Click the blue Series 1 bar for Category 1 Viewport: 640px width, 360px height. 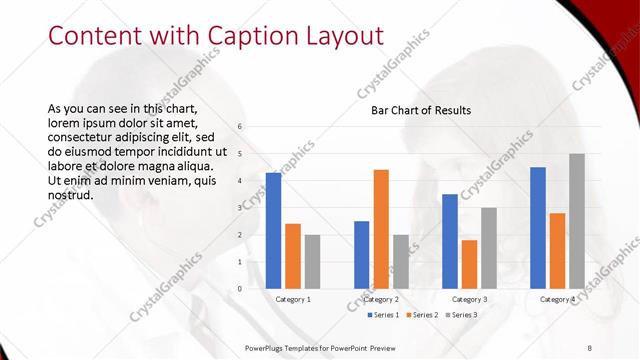273,231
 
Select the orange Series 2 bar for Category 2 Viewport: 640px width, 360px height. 381,229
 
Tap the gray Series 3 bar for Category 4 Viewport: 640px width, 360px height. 577,221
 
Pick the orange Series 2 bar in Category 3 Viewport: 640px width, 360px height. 469,264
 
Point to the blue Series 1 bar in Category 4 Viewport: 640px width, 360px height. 538,228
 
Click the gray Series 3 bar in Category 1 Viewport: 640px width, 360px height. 312,262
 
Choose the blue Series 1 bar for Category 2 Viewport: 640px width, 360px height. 361,255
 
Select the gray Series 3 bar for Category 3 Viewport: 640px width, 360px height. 489,248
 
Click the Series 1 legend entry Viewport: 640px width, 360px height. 382,316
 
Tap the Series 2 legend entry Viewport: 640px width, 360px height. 421,316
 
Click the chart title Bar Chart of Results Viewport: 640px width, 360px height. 414,110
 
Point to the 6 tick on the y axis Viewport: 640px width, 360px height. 240,126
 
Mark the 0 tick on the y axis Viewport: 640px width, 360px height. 240,289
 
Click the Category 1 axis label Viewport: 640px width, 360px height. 292,299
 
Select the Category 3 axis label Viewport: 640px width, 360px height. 469,299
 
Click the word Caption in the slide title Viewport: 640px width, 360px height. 243,36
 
